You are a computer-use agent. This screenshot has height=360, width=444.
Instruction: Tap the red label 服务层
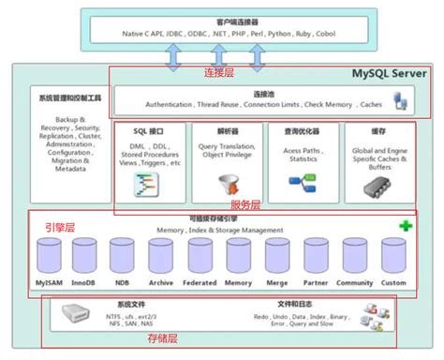[245, 204]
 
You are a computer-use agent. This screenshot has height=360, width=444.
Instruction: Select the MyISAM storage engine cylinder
[49, 257]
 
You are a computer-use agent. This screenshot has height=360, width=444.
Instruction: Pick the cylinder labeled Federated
[200, 257]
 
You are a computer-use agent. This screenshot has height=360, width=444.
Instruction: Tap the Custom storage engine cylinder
[393, 257]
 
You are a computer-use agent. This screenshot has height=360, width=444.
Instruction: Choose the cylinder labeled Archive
[162, 257]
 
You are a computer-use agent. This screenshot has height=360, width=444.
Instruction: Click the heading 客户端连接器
[223, 22]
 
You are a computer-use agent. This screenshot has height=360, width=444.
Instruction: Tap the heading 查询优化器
[302, 132]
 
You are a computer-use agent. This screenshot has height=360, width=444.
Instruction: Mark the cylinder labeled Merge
[277, 257]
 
